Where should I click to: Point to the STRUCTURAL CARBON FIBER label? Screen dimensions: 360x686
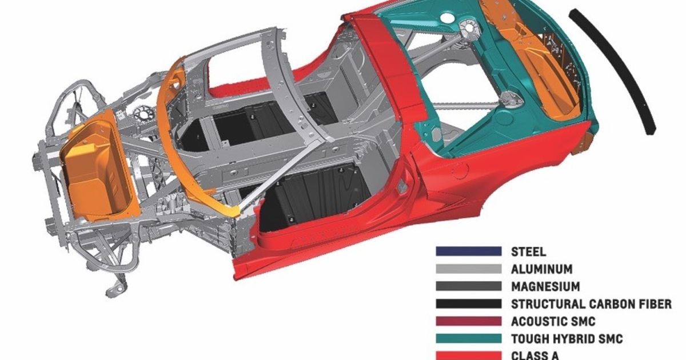tap(591, 304)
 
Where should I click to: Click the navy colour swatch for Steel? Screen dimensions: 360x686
tap(468, 251)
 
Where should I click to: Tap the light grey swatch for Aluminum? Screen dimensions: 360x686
tap(468, 269)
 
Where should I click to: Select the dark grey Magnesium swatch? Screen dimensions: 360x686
tap(468, 286)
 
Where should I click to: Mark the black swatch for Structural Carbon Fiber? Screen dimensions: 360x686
tap(468, 304)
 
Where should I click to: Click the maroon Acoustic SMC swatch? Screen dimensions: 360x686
tap(468, 322)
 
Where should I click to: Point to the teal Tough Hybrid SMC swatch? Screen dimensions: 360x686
tap(468, 339)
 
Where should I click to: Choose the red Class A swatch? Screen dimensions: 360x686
tap(468, 354)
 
